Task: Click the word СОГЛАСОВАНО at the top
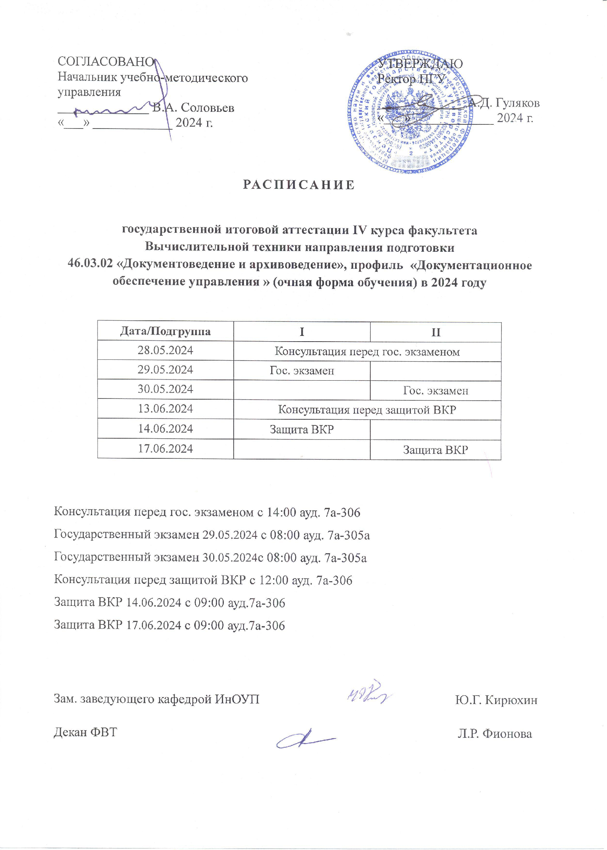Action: click(x=105, y=61)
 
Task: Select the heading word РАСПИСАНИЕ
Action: click(x=299, y=185)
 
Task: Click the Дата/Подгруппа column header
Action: click(x=165, y=331)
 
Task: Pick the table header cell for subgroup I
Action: click(x=302, y=332)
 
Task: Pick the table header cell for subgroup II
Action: click(x=436, y=332)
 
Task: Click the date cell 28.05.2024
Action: click(x=165, y=350)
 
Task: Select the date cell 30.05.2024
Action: click(x=165, y=389)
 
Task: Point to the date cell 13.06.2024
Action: click(x=165, y=409)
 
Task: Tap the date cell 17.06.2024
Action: click(x=165, y=449)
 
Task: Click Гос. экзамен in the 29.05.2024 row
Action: click(x=302, y=371)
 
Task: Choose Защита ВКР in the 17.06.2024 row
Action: click(x=436, y=450)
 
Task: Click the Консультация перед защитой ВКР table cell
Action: click(x=367, y=410)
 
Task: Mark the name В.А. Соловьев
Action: click(x=193, y=108)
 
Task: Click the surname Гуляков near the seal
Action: click(x=517, y=103)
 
